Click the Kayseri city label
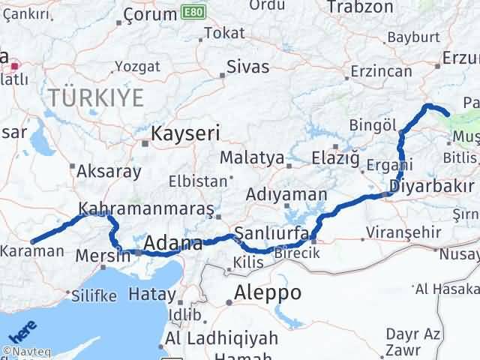(185, 134)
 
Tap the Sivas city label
(247, 67)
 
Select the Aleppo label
(268, 292)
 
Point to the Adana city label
(172, 244)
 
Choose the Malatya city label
(251, 158)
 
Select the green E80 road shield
(191, 13)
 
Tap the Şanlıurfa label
(271, 233)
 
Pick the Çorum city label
(148, 15)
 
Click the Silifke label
(94, 295)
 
